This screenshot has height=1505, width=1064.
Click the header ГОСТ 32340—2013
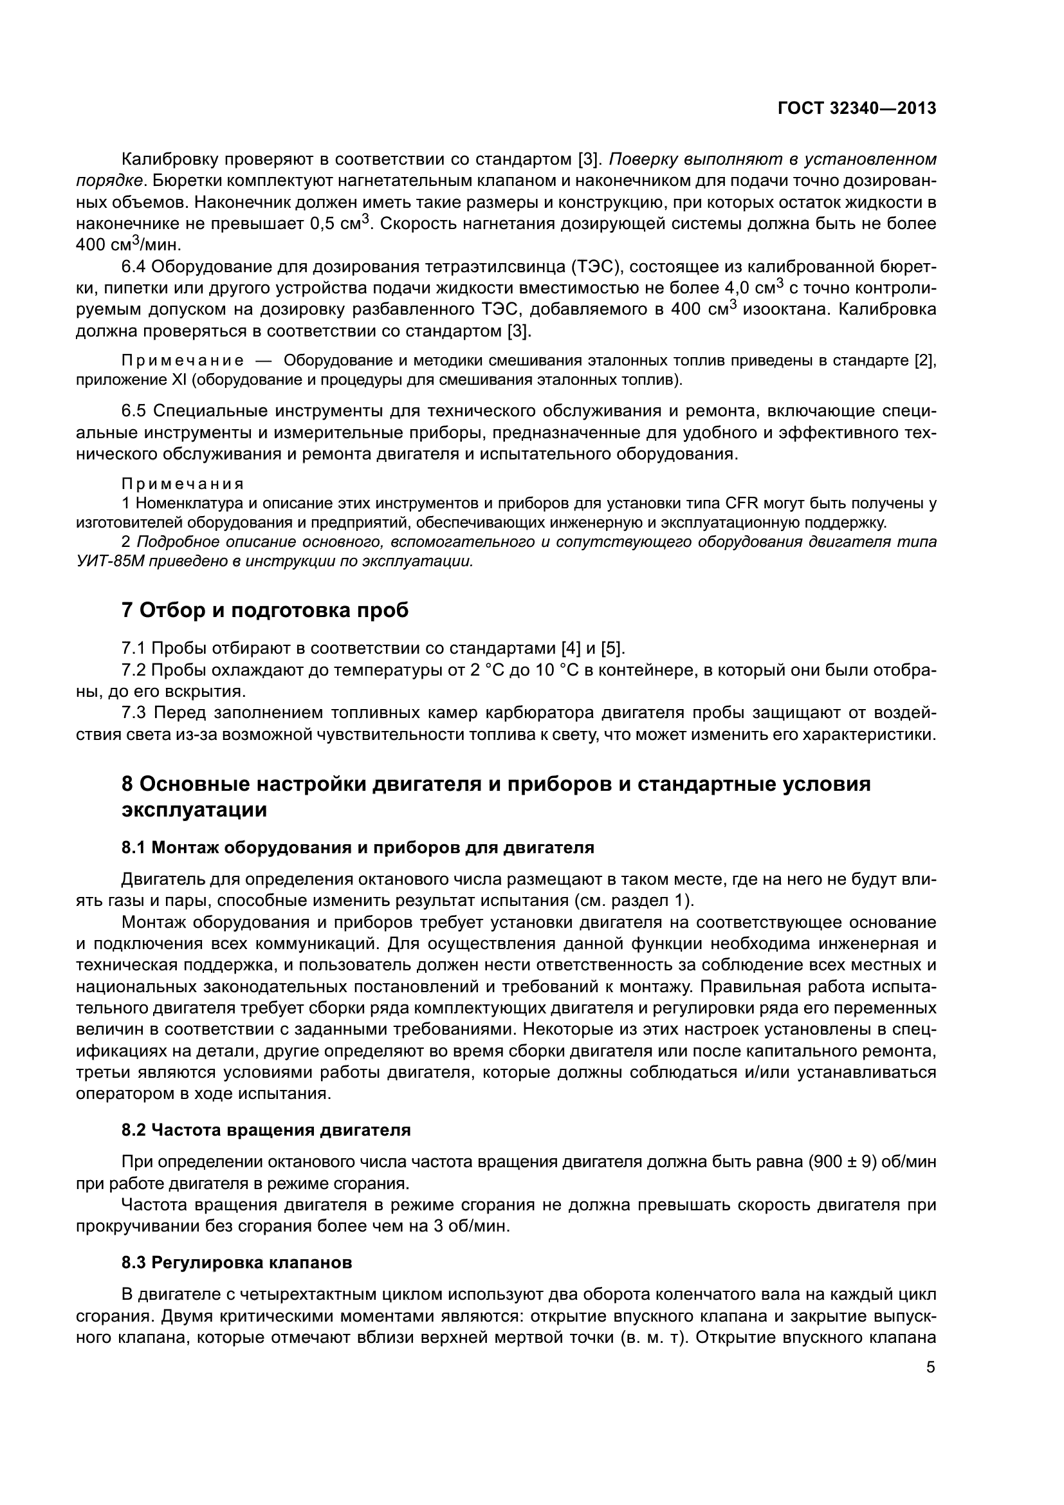click(x=856, y=109)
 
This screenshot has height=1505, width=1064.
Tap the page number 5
click(x=931, y=1367)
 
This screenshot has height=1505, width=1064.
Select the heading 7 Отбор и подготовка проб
click(x=264, y=609)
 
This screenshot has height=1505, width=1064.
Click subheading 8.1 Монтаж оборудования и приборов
click(x=357, y=847)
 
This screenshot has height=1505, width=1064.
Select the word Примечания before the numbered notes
click(x=183, y=484)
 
